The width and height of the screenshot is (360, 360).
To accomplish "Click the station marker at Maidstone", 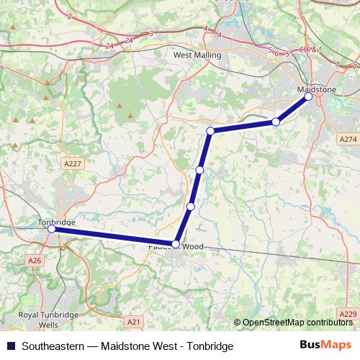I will [308, 96].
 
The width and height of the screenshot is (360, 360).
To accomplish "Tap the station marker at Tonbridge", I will [51, 229].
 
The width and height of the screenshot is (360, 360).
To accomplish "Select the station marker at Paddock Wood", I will [176, 244].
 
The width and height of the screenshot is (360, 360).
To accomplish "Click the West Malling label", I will [197, 54].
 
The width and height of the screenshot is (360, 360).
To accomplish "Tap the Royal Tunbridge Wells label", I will [39, 319].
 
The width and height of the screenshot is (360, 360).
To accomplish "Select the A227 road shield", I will [73, 164].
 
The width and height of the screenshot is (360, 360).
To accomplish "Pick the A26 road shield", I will [35, 260].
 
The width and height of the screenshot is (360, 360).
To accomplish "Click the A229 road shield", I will [347, 315].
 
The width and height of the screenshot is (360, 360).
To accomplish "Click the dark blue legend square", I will [11, 346].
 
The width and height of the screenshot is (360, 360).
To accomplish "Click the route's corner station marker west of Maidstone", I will [210, 131].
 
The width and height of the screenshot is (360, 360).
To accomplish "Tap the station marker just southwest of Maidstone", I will [276, 122].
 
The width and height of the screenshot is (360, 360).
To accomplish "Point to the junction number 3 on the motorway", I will [151, 34].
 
